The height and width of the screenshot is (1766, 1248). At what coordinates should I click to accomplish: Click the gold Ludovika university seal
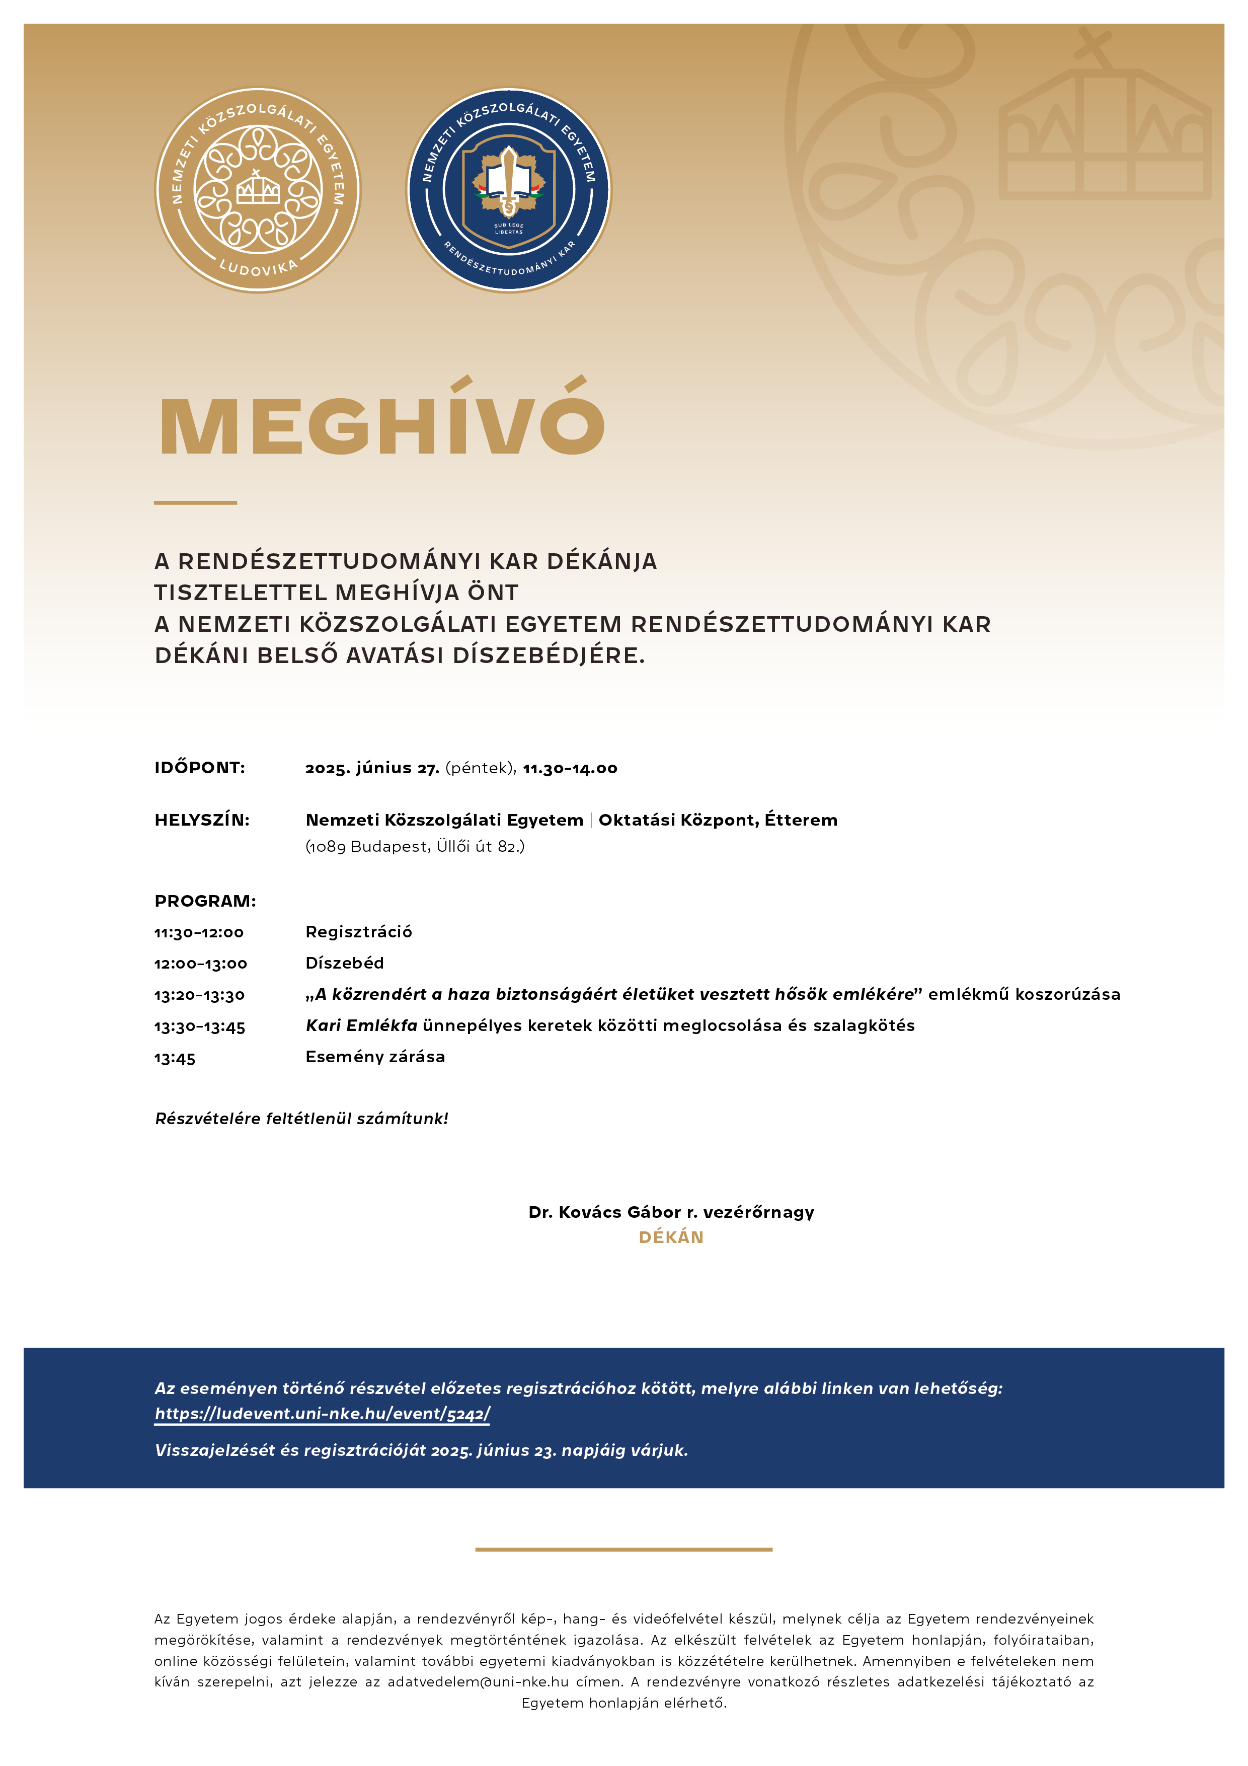click(x=258, y=189)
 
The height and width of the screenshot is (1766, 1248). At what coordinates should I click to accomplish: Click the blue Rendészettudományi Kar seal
click(x=508, y=189)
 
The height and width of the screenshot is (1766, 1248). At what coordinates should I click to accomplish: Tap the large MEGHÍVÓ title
click(x=382, y=421)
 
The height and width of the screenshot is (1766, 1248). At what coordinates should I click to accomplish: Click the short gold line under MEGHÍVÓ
click(x=195, y=502)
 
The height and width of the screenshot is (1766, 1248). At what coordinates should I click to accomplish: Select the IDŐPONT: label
click(x=200, y=768)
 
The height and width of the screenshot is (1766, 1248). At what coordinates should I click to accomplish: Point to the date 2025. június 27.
click(x=372, y=768)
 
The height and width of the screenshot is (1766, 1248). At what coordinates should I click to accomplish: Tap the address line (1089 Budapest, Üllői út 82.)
click(x=415, y=846)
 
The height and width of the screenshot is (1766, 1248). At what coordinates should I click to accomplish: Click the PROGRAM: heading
click(x=205, y=901)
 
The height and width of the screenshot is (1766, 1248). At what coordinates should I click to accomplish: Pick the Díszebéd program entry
click(x=345, y=963)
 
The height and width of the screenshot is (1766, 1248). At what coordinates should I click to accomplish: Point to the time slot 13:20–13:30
click(x=199, y=995)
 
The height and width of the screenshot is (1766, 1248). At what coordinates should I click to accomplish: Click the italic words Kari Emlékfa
click(x=361, y=1025)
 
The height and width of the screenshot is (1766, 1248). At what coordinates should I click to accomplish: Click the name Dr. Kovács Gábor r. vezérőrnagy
click(x=670, y=1212)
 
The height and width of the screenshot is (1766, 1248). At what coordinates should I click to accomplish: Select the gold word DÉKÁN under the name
click(x=670, y=1237)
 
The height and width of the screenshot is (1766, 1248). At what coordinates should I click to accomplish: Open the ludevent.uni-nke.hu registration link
click(x=322, y=1413)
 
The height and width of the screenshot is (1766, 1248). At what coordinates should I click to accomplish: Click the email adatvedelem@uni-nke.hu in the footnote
click(x=478, y=1681)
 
